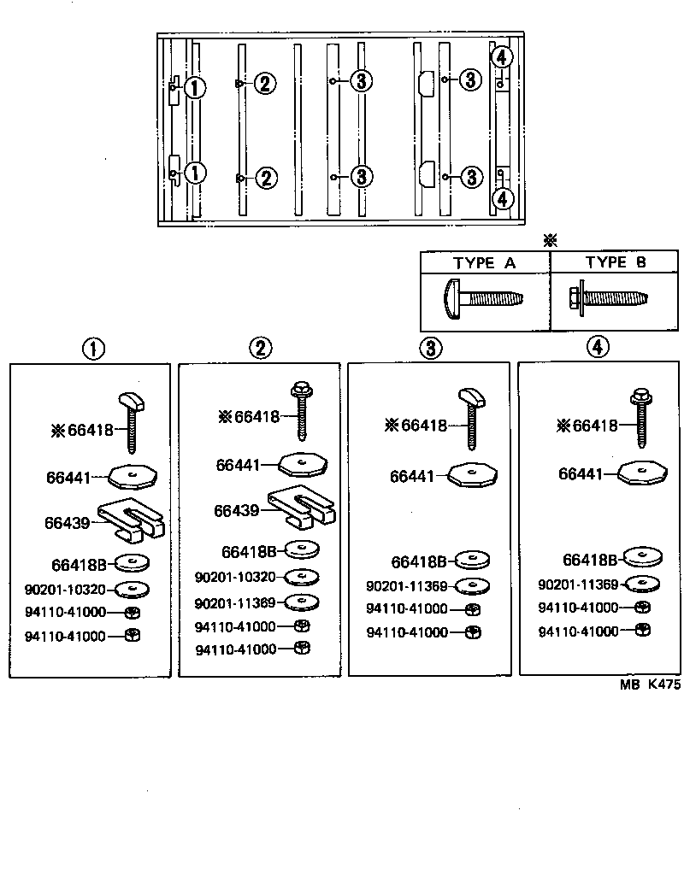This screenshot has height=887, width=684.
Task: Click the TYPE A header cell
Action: coord(484,263)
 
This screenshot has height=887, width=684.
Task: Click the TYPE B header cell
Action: coord(615,262)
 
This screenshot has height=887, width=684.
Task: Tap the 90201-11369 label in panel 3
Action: coord(406,586)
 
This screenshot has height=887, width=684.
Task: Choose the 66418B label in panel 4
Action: coord(590,561)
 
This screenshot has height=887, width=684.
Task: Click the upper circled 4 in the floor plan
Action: coord(502,58)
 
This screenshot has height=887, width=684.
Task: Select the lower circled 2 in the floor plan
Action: coord(265,178)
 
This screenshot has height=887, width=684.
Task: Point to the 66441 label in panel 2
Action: coord(238,465)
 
